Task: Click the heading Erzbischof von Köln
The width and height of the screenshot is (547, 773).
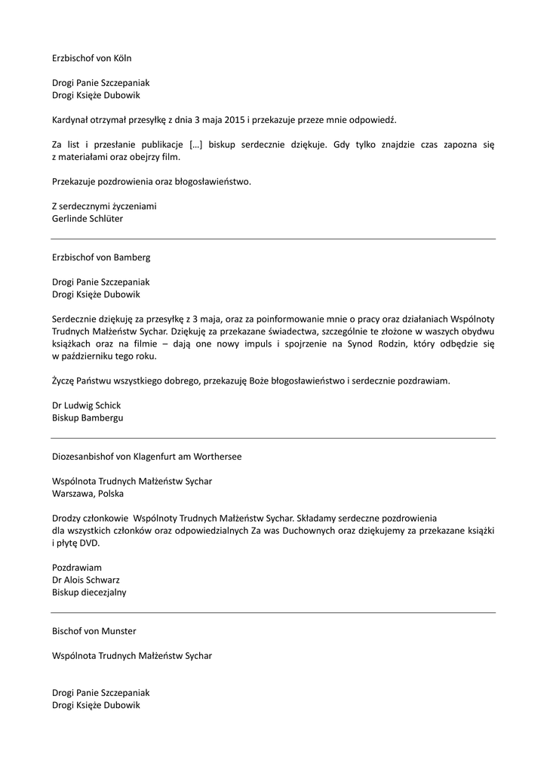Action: click(x=92, y=57)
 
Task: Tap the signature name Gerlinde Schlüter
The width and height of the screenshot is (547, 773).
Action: click(x=88, y=219)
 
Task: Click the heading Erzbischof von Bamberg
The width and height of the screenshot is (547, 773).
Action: click(x=101, y=257)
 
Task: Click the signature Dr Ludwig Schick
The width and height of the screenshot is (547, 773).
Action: click(x=86, y=405)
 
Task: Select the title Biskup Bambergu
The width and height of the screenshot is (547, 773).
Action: click(x=88, y=417)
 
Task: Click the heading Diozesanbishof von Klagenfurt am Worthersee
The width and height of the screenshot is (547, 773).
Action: click(x=147, y=456)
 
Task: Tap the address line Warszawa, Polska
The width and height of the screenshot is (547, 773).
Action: click(x=88, y=494)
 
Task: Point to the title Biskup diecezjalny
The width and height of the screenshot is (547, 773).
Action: click(x=89, y=593)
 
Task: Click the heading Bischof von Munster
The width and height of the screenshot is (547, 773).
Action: click(x=94, y=630)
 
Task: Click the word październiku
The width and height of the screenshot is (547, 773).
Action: click(x=92, y=356)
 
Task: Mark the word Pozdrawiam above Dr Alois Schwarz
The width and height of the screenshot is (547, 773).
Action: click(x=77, y=568)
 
